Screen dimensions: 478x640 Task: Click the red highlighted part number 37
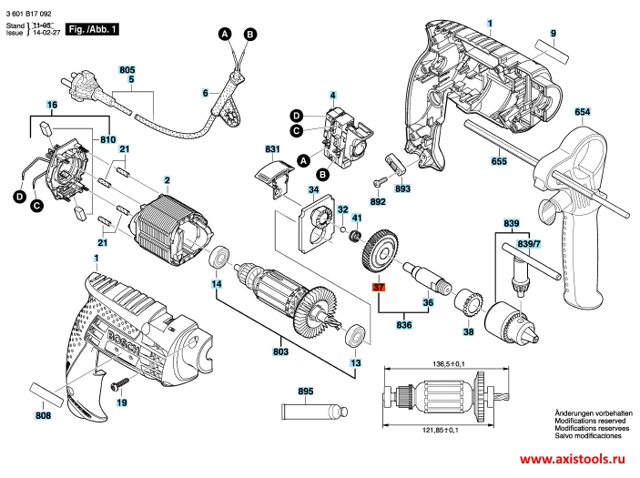[x=379, y=288]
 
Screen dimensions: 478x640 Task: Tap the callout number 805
[x=127, y=70]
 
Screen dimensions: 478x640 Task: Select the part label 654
[x=582, y=112]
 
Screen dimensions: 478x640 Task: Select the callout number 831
[x=271, y=148]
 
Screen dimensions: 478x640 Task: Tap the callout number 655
[x=499, y=162]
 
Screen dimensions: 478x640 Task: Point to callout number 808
[x=43, y=416]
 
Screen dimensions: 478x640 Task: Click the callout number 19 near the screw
[x=121, y=402]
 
